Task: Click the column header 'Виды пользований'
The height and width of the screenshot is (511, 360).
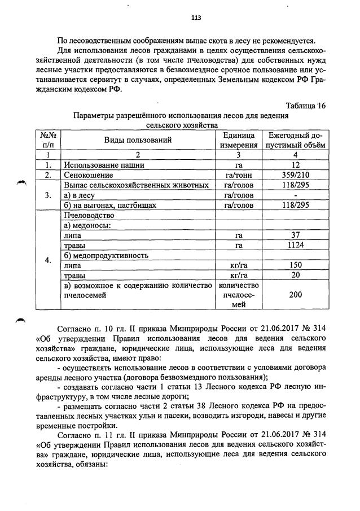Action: (x=137, y=140)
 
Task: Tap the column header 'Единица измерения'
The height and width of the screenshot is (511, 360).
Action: (x=239, y=140)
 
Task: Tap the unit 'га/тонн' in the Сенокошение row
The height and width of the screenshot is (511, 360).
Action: (x=239, y=175)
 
